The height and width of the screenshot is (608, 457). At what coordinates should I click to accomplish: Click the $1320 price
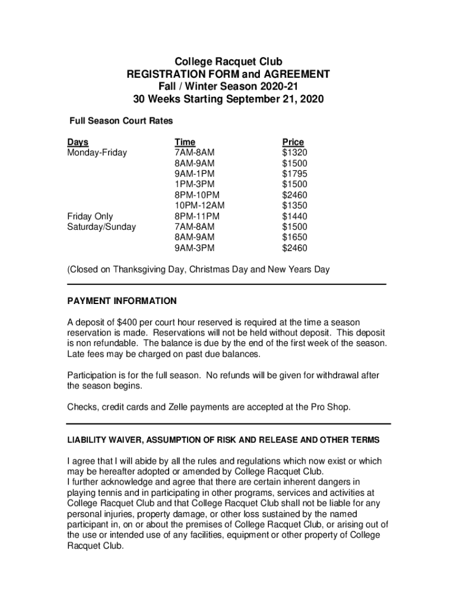click(294, 153)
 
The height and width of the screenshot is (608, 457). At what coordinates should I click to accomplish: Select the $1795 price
click(294, 174)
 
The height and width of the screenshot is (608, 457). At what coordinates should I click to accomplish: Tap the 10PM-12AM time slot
click(199, 205)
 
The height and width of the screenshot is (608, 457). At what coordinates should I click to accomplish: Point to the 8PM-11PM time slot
click(197, 216)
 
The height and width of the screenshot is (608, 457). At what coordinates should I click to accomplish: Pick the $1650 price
click(294, 237)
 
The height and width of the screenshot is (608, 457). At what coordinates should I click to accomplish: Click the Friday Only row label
click(90, 216)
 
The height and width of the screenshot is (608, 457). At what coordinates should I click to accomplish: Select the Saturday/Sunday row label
click(101, 227)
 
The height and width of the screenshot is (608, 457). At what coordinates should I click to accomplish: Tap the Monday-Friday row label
click(97, 153)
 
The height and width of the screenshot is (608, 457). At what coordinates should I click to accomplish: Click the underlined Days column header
click(78, 142)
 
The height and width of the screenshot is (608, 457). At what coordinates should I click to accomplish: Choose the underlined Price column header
click(293, 142)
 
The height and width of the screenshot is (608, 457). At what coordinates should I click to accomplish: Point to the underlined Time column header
click(185, 142)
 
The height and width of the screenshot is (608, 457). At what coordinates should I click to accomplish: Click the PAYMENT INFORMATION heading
click(122, 301)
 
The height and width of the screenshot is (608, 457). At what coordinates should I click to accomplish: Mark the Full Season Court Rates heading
click(122, 121)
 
